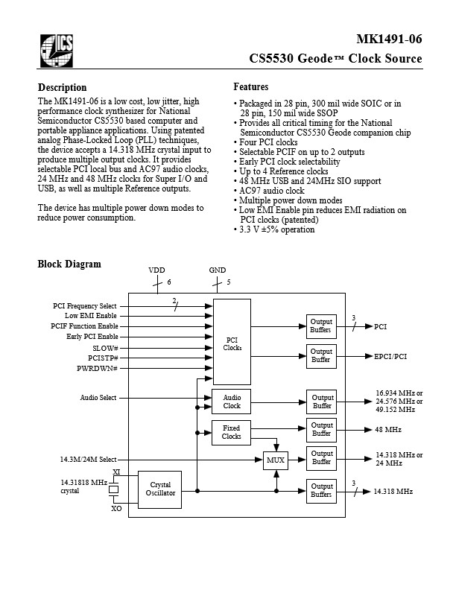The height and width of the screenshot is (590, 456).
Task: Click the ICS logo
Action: click(x=57, y=51)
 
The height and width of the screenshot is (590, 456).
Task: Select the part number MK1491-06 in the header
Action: click(x=389, y=39)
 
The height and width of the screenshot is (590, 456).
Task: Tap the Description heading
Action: click(x=62, y=88)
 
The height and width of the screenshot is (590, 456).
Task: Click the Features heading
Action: click(x=251, y=87)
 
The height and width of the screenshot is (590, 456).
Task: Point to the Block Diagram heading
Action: click(x=69, y=264)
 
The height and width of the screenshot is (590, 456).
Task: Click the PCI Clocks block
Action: click(x=232, y=342)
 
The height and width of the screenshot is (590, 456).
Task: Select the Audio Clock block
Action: click(x=232, y=402)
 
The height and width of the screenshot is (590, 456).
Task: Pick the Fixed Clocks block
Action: click(x=231, y=432)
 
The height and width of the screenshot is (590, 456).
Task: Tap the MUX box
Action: click(x=276, y=460)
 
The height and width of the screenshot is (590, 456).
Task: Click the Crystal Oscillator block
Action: click(x=160, y=489)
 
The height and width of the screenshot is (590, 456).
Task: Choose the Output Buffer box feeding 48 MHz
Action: click(x=322, y=429)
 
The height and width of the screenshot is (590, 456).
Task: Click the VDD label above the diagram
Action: click(x=156, y=270)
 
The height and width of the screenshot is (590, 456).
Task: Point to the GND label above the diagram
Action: click(x=218, y=270)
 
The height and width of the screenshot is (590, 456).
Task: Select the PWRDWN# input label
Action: click(x=97, y=368)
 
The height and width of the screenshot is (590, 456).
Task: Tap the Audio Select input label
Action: click(x=98, y=398)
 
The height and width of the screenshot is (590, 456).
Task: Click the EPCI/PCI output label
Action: click(x=390, y=356)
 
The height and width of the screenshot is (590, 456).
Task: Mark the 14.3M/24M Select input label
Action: click(x=89, y=460)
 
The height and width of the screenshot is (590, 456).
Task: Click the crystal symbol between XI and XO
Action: click(x=113, y=489)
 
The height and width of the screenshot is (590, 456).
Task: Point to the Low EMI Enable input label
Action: click(x=91, y=316)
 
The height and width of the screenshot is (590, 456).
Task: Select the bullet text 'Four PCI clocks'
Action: click(x=268, y=142)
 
